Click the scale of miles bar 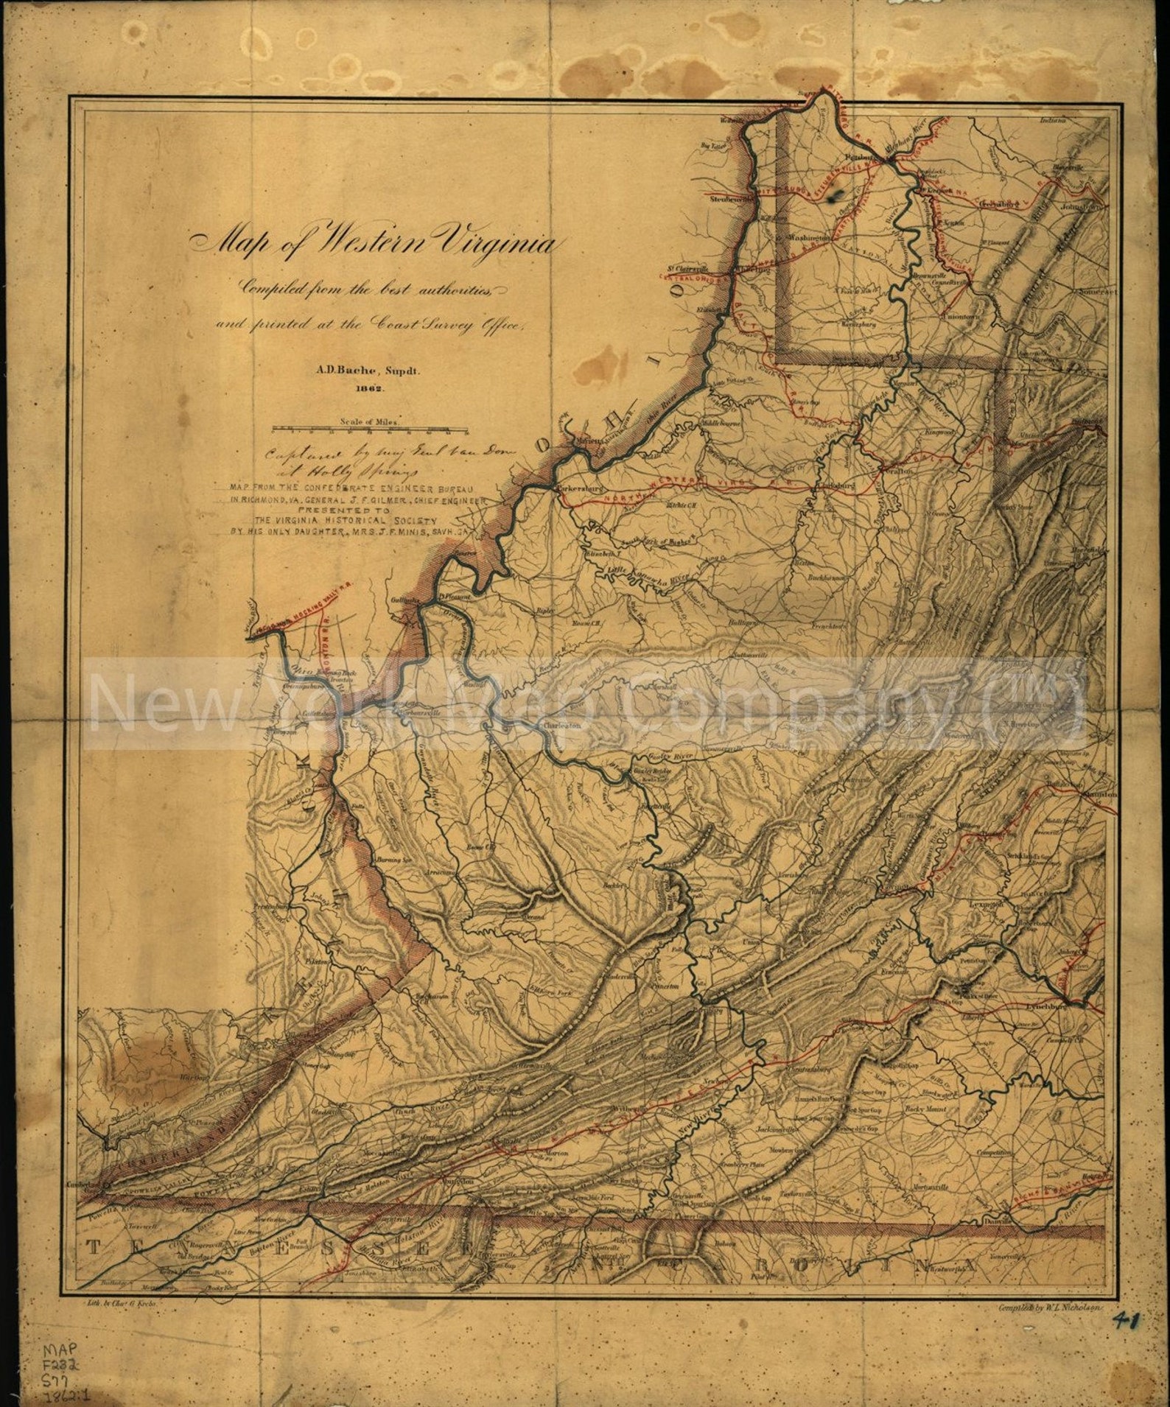pyautogui.click(x=371, y=428)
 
